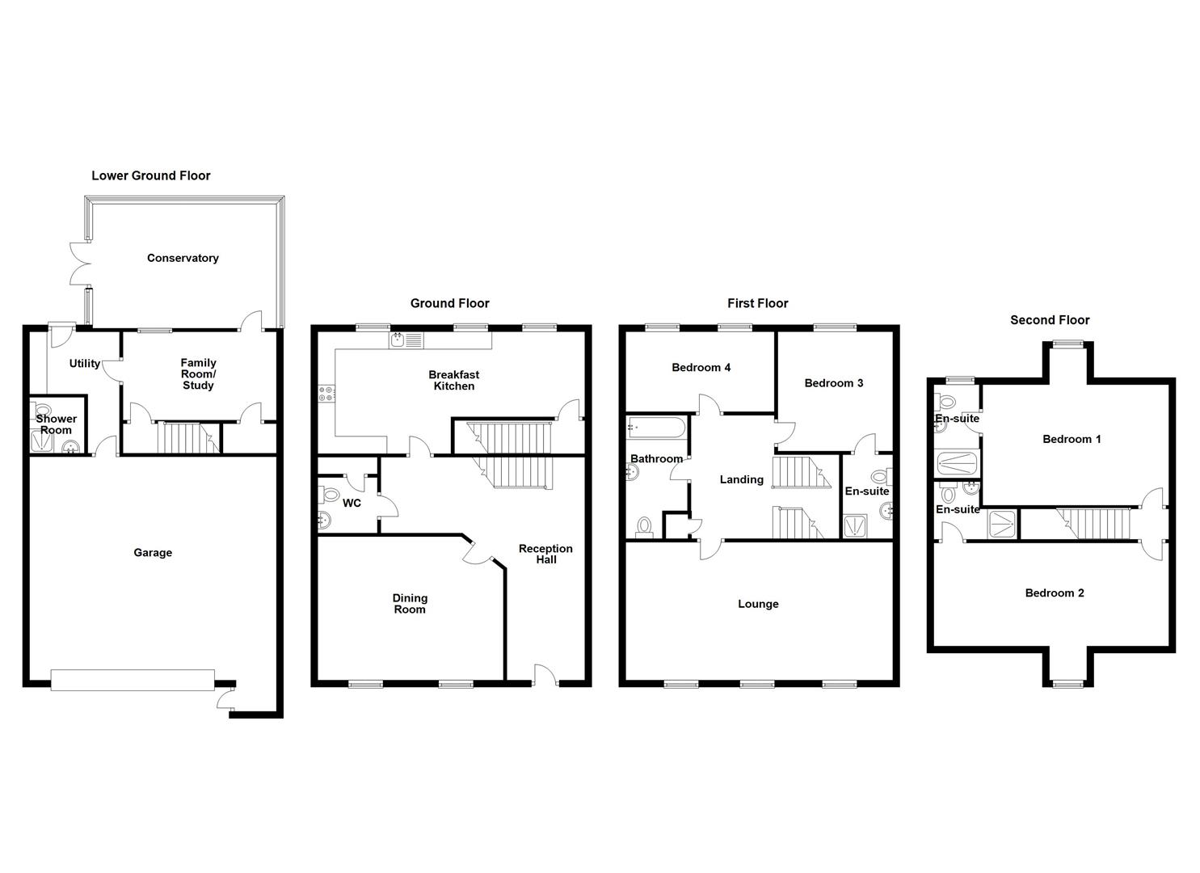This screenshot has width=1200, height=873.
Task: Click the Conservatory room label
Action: tap(183, 259)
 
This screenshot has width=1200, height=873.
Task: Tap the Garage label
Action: tap(153, 553)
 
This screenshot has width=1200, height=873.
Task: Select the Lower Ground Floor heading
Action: tap(151, 175)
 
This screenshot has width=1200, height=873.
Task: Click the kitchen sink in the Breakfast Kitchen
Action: tap(398, 340)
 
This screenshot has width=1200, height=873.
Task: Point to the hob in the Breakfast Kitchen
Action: tap(327, 394)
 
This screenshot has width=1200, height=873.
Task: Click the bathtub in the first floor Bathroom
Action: tap(657, 426)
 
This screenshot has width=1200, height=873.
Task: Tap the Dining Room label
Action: tap(410, 604)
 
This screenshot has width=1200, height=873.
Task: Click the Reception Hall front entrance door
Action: tap(545, 674)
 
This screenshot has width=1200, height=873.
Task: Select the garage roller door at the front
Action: tap(133, 679)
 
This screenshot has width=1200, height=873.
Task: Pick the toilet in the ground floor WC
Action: tap(330, 495)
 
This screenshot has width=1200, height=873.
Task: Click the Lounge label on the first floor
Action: tap(758, 604)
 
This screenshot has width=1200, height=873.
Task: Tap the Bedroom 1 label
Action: tap(1072, 439)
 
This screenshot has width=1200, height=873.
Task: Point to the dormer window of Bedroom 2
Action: tap(1067, 685)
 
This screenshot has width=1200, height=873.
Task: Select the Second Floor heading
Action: tap(1050, 320)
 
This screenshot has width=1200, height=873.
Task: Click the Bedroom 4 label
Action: tap(701, 368)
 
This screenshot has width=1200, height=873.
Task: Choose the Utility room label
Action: tap(84, 364)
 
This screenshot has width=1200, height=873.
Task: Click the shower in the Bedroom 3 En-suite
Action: tap(854, 527)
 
